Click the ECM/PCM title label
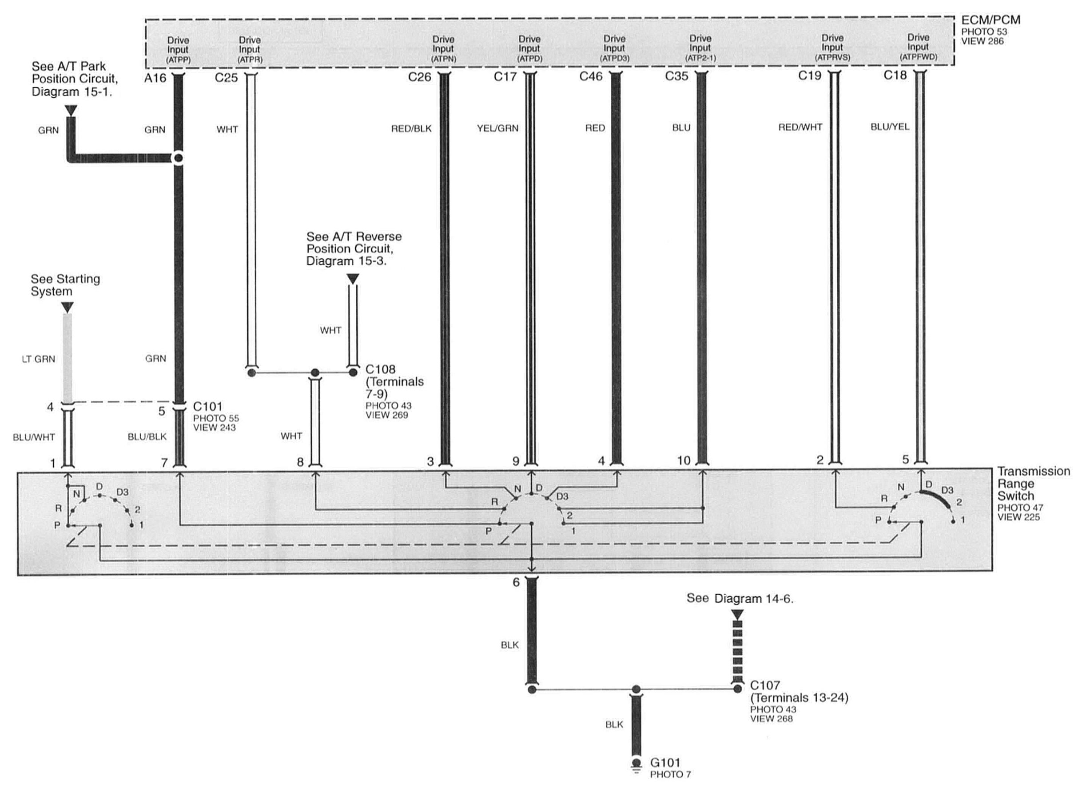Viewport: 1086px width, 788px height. pyautogui.click(x=990, y=20)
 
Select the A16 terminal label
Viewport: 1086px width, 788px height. pyautogui.click(x=155, y=78)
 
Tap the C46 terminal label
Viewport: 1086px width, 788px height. pyautogui.click(x=590, y=76)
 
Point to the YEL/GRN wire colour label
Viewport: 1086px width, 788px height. pyautogui.click(x=497, y=128)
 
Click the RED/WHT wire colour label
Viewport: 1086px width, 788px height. pyautogui.click(x=800, y=128)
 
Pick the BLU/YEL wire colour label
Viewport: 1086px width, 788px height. pyautogui.click(x=890, y=127)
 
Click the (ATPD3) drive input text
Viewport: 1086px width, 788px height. pyautogui.click(x=614, y=58)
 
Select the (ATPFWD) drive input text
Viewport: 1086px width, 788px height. pyautogui.click(x=918, y=57)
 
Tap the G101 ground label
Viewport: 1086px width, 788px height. pyautogui.click(x=665, y=763)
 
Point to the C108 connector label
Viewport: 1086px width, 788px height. pyautogui.click(x=380, y=369)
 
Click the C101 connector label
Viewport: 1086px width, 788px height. pyautogui.click(x=207, y=407)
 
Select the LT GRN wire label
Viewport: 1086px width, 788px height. pyautogui.click(x=38, y=359)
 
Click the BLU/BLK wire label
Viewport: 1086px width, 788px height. pyautogui.click(x=147, y=437)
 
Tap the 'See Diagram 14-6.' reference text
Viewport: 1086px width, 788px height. pyautogui.click(x=740, y=599)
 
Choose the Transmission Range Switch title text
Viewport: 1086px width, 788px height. pyautogui.click(x=1033, y=484)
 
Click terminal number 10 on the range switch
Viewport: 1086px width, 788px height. pyautogui.click(x=683, y=461)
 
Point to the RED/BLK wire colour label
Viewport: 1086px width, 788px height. pyautogui.click(x=411, y=129)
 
